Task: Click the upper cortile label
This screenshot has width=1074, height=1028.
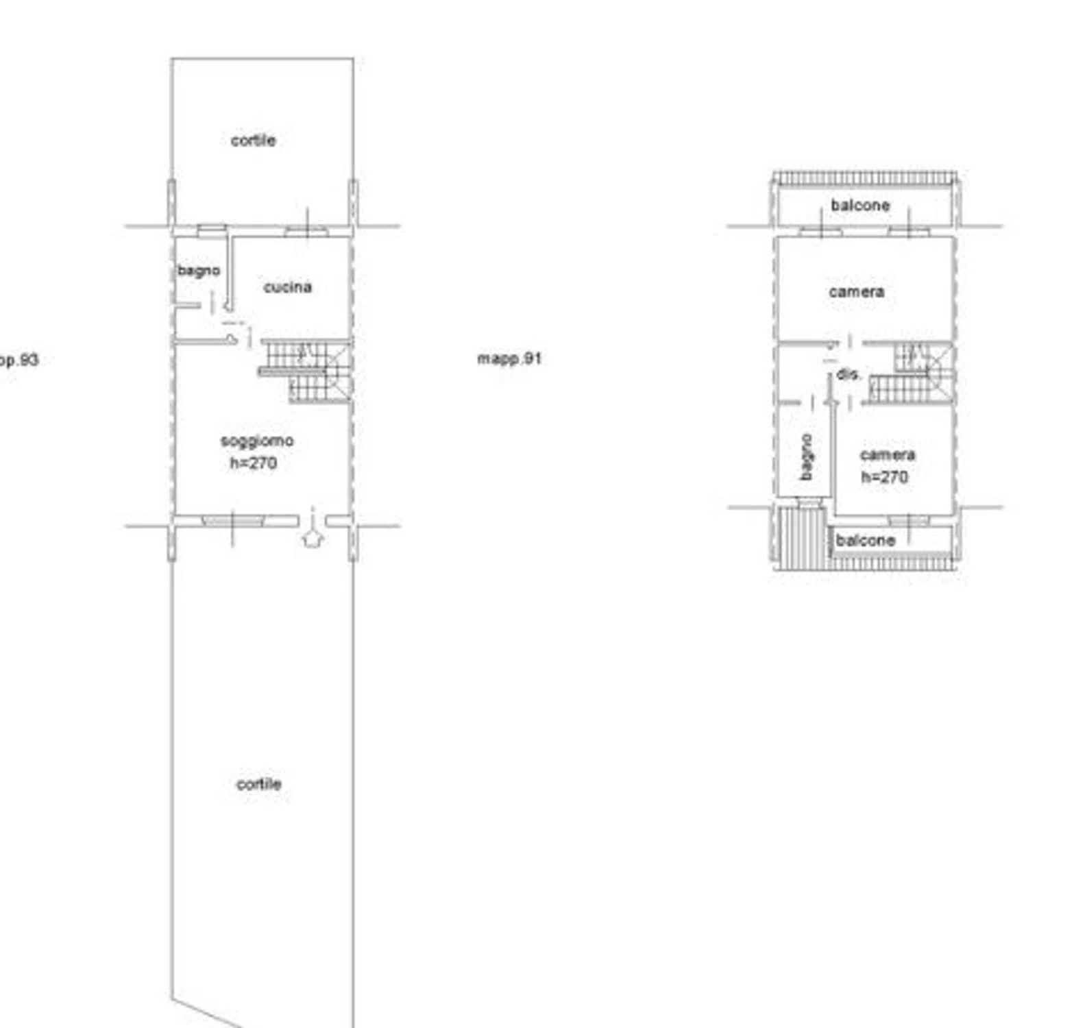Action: click(254, 140)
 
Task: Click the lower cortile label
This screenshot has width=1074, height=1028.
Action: click(259, 784)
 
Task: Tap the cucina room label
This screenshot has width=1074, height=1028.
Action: click(288, 287)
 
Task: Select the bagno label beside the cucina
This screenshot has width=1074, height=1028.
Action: click(199, 271)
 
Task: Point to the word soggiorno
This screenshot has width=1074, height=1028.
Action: click(257, 441)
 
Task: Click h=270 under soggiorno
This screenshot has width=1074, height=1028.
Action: click(254, 463)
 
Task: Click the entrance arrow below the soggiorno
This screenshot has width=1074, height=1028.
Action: click(313, 537)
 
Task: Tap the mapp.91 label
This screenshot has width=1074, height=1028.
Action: click(509, 358)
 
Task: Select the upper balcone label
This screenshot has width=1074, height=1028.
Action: click(860, 205)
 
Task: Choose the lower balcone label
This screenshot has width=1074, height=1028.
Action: click(866, 540)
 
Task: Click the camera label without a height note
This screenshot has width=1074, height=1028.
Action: click(857, 292)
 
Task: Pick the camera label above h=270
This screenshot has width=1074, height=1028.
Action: click(888, 455)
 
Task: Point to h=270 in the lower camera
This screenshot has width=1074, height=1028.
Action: click(885, 477)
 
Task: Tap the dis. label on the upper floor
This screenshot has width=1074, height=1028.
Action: click(849, 374)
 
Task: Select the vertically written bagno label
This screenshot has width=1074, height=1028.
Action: click(807, 457)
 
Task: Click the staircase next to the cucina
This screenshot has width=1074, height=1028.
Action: click(306, 370)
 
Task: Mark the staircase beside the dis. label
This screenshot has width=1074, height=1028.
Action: click(912, 374)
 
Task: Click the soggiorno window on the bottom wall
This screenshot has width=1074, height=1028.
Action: click(232, 522)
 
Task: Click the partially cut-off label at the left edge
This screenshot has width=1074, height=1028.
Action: click(19, 360)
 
